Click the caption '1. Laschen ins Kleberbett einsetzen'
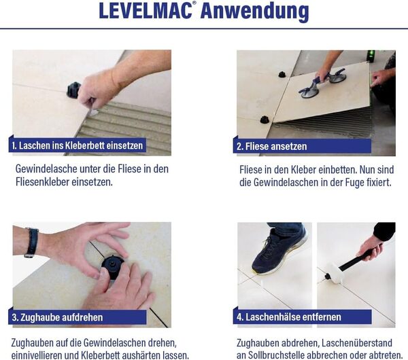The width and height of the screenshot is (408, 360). tap(78, 145)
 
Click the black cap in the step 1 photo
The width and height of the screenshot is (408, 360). tap(73, 90)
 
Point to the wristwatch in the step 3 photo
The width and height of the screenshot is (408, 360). tap(31, 242)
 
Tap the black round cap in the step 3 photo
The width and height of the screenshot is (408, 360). tap(112, 264)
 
